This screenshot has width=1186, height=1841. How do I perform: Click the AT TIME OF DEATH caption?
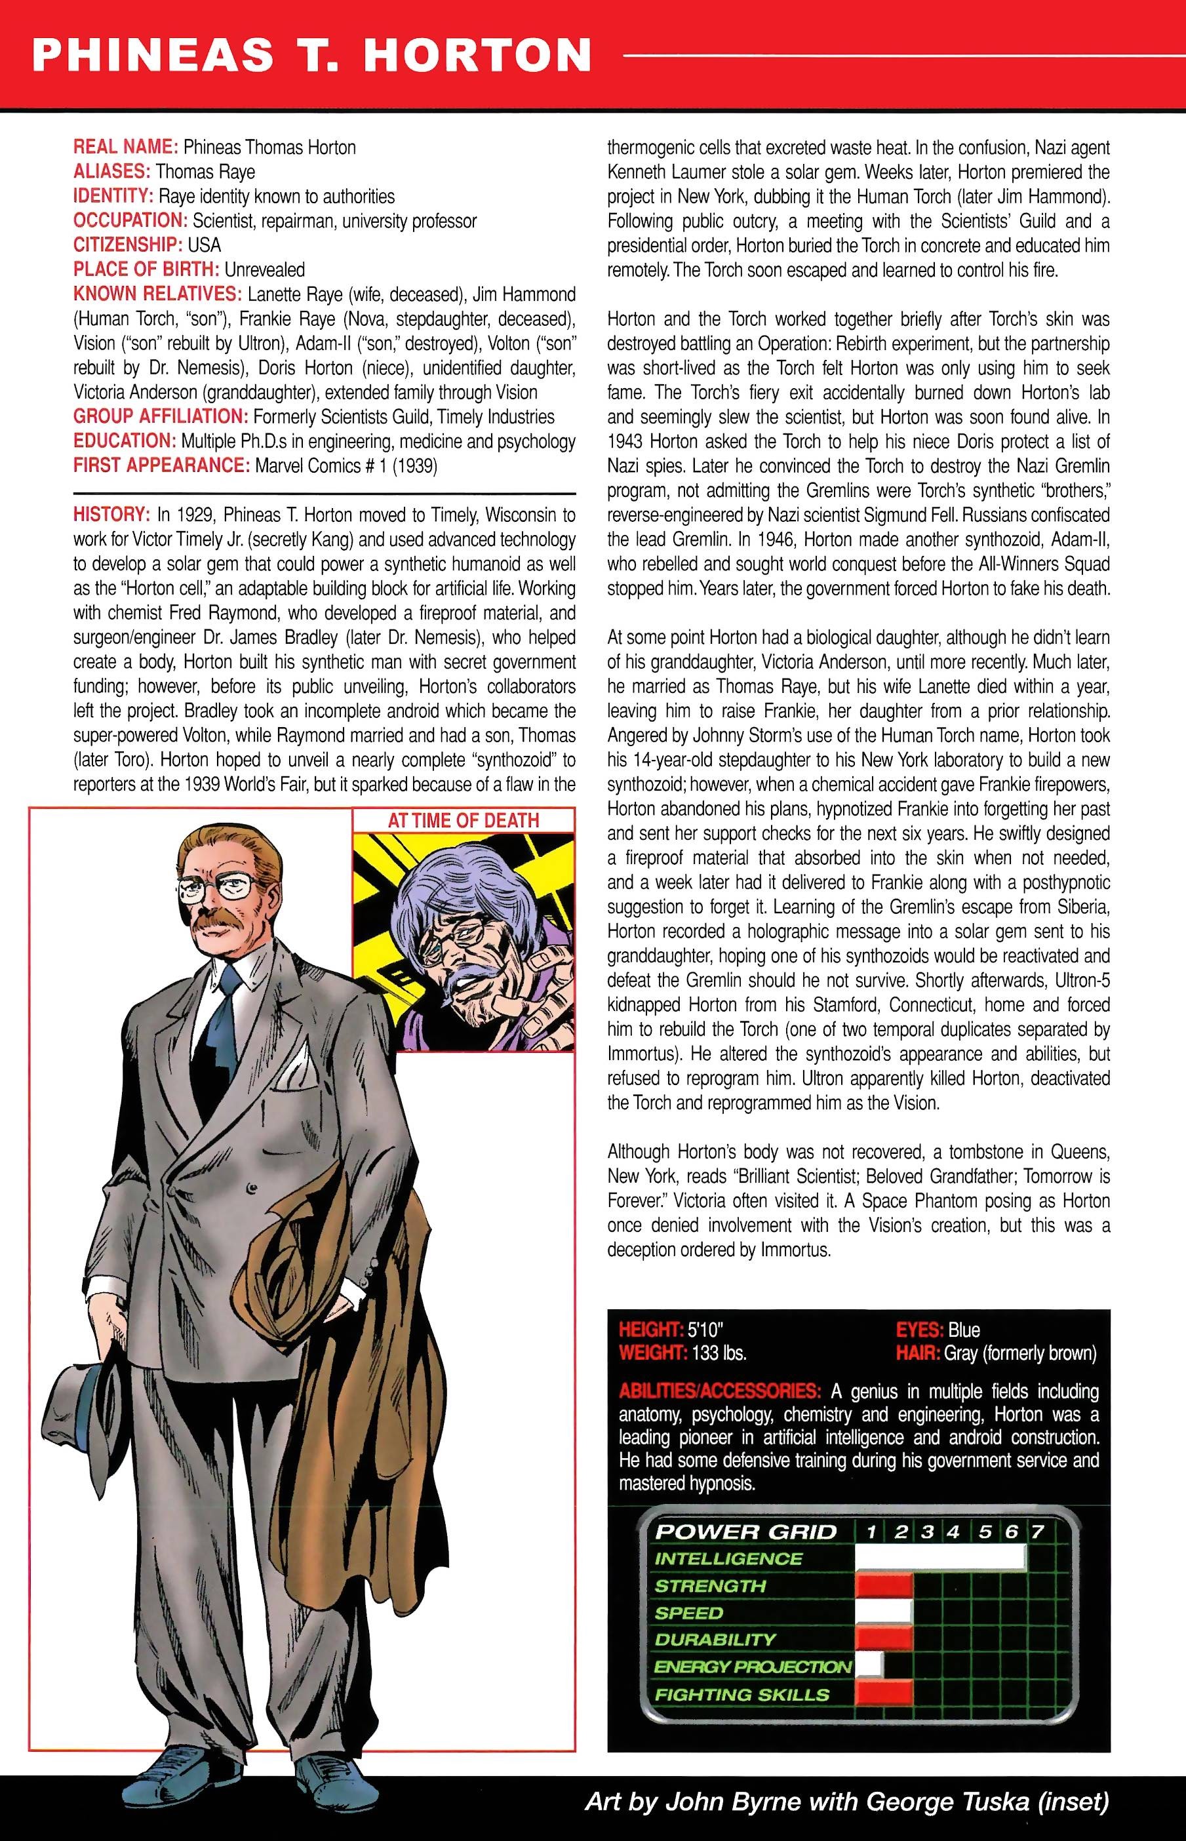pyautogui.click(x=463, y=820)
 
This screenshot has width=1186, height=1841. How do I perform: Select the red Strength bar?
pyautogui.click(x=884, y=1586)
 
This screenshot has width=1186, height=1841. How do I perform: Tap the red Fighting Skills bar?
pyautogui.click(x=884, y=1695)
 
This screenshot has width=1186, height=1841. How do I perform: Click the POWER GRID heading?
pyautogui.click(x=745, y=1532)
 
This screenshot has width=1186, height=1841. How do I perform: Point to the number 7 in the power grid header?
pyautogui.click(x=1037, y=1532)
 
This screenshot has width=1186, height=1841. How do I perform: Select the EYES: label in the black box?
pyautogui.click(x=920, y=1330)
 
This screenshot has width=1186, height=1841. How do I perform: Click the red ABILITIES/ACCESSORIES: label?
pyautogui.click(x=719, y=1392)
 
